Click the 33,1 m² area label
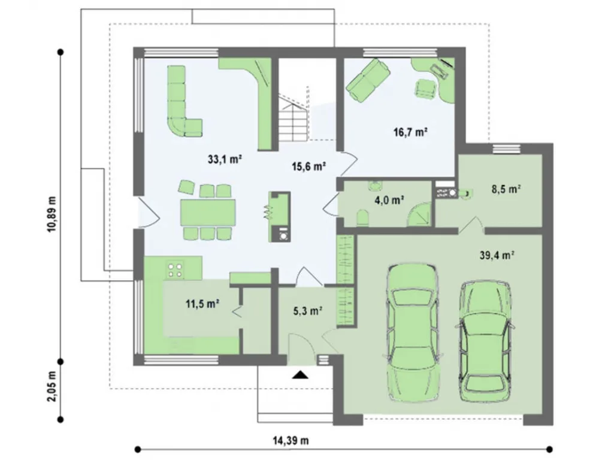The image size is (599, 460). pos(225,159)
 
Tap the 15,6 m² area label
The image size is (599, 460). pos(308,167)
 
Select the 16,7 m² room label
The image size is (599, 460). pos(410,132)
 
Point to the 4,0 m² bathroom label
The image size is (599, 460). pos(389,200)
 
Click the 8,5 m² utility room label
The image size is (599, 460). pos(506,189)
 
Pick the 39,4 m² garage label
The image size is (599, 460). pos(497,255)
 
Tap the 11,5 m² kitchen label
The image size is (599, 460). pos(202,304)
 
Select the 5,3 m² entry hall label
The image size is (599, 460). pos(308,311)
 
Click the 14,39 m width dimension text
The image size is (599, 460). pos(291,440)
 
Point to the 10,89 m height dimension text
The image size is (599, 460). pos(52,214)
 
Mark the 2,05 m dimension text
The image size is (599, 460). pos(52,386)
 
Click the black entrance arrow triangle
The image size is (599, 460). pos(300,375)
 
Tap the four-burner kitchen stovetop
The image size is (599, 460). pos(176,268)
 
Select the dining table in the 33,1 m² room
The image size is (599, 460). pos(208,213)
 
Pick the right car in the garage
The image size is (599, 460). pos(485,341)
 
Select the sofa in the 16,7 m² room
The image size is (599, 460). pos(368,80)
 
